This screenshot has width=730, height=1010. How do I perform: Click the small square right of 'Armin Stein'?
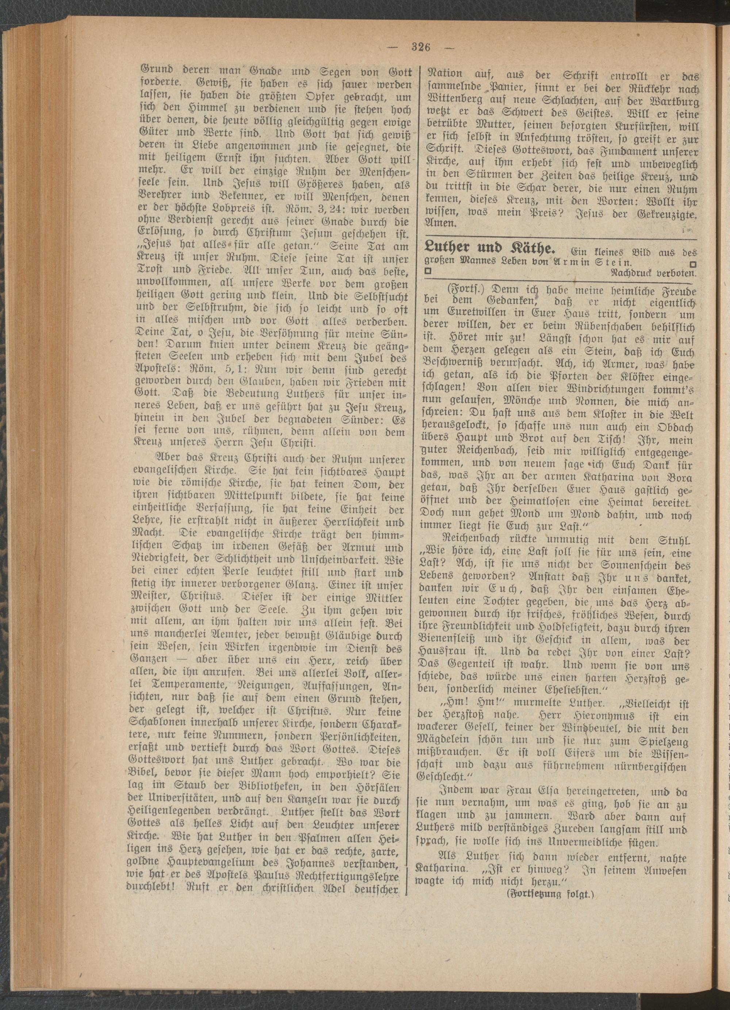click(x=692, y=263)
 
